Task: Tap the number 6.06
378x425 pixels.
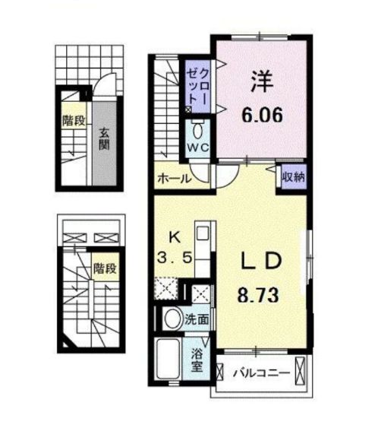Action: [x=262, y=116]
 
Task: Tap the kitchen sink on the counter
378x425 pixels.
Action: [x=201, y=233]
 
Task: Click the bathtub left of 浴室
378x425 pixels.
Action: [x=169, y=359]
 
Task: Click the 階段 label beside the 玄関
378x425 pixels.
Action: [x=74, y=122]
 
